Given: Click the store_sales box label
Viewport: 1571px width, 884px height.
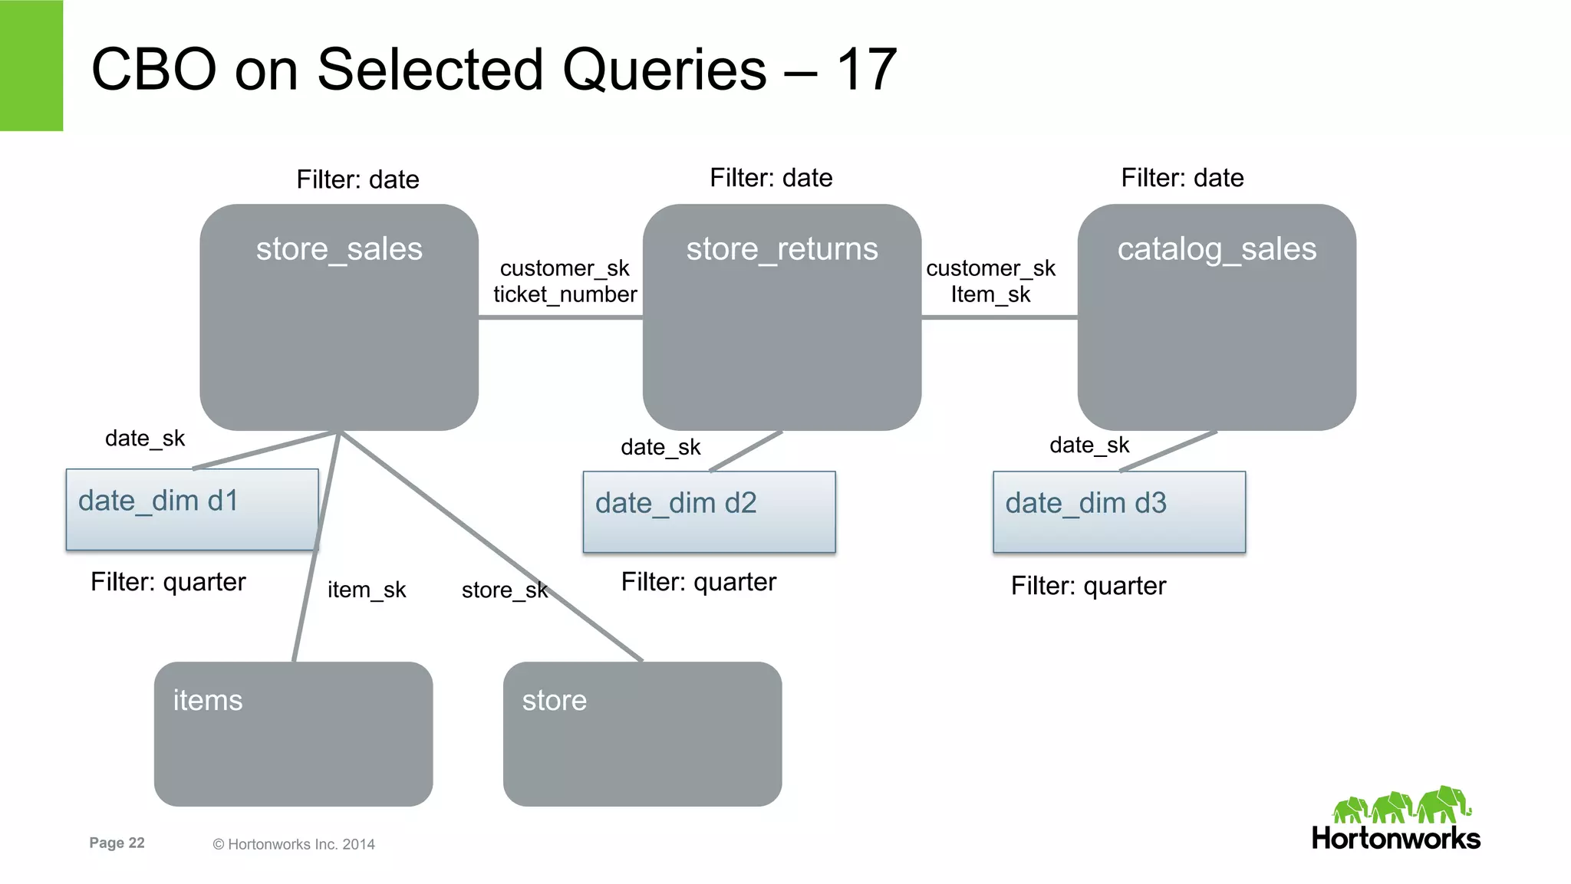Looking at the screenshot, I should click(339, 249).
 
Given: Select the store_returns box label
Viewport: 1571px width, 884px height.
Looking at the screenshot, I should click(782, 249).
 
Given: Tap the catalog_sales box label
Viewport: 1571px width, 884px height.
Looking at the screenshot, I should click(1217, 249).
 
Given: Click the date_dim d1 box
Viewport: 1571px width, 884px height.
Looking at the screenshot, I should click(192, 509).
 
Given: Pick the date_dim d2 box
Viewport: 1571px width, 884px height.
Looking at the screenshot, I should click(709, 511).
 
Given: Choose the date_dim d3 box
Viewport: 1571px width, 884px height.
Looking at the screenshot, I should click(1118, 511).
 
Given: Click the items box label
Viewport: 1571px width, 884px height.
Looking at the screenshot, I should click(208, 700).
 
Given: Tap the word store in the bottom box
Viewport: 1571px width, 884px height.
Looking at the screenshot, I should click(554, 700).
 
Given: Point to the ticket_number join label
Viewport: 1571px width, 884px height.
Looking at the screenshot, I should click(565, 294).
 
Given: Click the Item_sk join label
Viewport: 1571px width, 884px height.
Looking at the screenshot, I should click(990, 294).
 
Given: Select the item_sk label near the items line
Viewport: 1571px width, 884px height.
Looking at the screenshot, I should click(367, 590).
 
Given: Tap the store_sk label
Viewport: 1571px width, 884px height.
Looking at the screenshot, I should click(504, 590).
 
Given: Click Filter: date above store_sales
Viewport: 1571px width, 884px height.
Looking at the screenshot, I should click(357, 179).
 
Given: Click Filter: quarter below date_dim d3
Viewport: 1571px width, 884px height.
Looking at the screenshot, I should click(1088, 586).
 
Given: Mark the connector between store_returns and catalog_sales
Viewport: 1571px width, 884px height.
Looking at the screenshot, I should click(999, 317).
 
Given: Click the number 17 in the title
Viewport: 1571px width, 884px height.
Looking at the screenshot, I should click(866, 69).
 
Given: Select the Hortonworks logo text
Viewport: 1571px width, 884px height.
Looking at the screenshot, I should click(1395, 838).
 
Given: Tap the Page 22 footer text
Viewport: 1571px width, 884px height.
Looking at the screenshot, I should click(117, 843).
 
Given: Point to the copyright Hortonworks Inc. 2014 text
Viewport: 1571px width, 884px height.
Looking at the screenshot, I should click(294, 844).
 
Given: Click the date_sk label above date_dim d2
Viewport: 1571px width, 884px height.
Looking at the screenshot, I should click(660, 447).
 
